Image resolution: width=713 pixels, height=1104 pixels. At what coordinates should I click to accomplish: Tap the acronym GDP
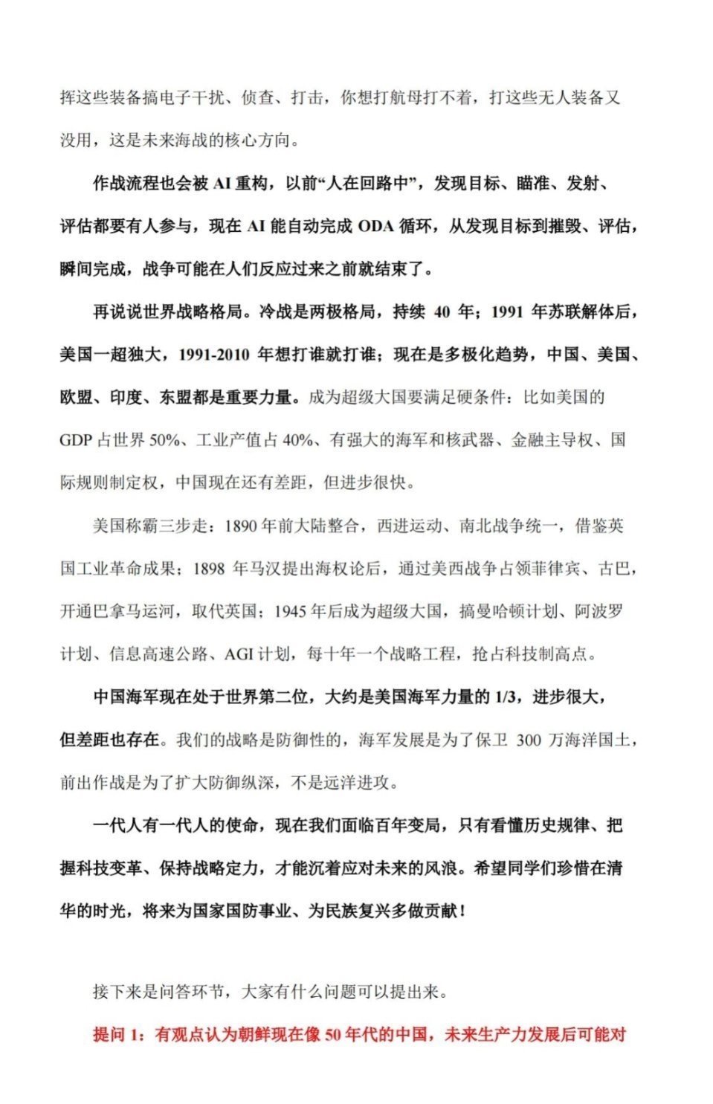(75, 440)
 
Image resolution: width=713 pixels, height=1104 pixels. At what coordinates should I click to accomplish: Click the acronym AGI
(239, 655)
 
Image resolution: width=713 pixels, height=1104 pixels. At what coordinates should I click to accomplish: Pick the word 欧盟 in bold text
(76, 397)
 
